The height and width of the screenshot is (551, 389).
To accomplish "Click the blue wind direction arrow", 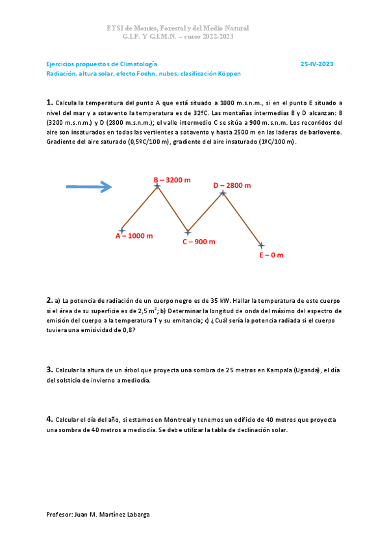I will [x=89, y=187].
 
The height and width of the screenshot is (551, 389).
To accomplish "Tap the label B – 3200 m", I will [x=172, y=179].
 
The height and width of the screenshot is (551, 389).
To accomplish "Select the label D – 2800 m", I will [x=232, y=185].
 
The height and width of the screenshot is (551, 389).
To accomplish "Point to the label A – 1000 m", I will [x=134, y=236].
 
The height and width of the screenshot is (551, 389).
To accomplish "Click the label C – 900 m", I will [x=199, y=241].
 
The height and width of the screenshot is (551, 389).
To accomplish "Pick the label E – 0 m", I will [x=271, y=255].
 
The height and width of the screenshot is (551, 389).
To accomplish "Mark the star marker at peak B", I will [x=157, y=186].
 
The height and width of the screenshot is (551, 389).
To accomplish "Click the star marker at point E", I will [x=261, y=246].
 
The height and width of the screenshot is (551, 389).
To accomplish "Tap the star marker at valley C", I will [x=188, y=232].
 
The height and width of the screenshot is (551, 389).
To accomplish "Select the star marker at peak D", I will [x=223, y=192].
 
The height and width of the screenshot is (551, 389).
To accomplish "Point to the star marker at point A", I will [x=122, y=230].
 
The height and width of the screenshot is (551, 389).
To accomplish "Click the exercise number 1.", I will [x=49, y=103].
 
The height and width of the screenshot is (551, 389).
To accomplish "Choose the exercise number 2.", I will [x=49, y=300].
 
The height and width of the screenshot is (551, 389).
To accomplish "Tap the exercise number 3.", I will [x=49, y=369].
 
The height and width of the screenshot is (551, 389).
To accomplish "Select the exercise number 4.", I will [x=49, y=419].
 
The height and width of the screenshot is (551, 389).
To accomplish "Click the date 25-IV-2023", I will [x=317, y=64].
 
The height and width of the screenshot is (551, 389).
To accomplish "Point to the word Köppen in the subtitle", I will [x=230, y=73].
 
